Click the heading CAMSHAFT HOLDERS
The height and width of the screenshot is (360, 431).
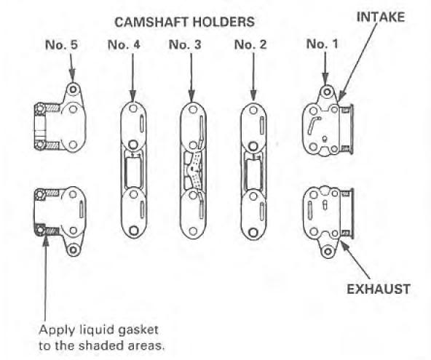[x=184, y=22]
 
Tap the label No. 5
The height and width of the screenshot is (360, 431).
[x=62, y=45]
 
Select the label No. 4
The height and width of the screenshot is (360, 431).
[x=124, y=45]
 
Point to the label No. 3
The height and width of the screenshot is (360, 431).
[x=185, y=45]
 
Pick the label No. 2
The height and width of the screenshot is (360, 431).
[x=250, y=45]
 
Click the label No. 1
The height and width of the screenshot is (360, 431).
[x=322, y=44]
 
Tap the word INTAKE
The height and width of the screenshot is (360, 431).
[x=381, y=17]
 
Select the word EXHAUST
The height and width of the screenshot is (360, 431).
[x=379, y=289]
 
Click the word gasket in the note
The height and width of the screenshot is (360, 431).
[x=138, y=330]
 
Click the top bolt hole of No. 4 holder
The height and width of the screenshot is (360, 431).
[x=133, y=108]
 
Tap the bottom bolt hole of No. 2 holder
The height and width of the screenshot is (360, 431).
[x=253, y=232]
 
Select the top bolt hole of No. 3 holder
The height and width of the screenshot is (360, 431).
[x=193, y=109]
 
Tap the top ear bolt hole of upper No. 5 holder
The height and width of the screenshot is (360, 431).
[x=73, y=89]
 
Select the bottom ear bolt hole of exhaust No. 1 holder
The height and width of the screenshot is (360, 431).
[x=328, y=251]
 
